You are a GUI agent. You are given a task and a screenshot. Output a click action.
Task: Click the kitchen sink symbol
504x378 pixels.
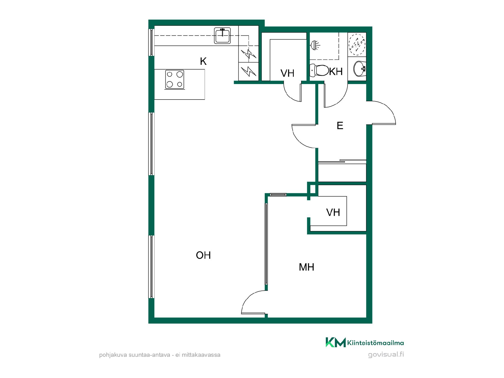(x=223, y=36)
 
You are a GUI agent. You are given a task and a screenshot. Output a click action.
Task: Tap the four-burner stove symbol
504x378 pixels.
(x=175, y=79)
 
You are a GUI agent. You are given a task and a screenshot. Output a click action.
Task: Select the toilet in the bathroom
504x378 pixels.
(x=319, y=70)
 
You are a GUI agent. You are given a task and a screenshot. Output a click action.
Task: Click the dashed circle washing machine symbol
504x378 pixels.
(x=357, y=44)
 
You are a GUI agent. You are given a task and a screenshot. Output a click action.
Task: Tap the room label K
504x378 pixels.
(x=203, y=61)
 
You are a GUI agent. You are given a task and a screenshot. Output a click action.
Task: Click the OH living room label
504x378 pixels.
(x=203, y=255)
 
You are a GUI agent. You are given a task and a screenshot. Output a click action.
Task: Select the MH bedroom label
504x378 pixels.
(x=306, y=267)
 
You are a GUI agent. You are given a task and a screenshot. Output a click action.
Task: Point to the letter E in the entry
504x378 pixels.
(x=340, y=126)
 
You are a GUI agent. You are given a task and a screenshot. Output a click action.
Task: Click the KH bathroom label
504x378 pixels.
(x=336, y=71)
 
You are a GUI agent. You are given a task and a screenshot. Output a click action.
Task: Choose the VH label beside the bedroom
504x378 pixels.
(x=333, y=212)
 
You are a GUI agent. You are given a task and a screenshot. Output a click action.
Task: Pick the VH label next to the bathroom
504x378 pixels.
(x=287, y=73)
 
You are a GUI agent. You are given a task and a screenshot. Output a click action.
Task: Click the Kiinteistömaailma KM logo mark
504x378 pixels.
(x=335, y=342)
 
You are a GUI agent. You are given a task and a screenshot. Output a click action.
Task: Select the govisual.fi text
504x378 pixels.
(x=386, y=355)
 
